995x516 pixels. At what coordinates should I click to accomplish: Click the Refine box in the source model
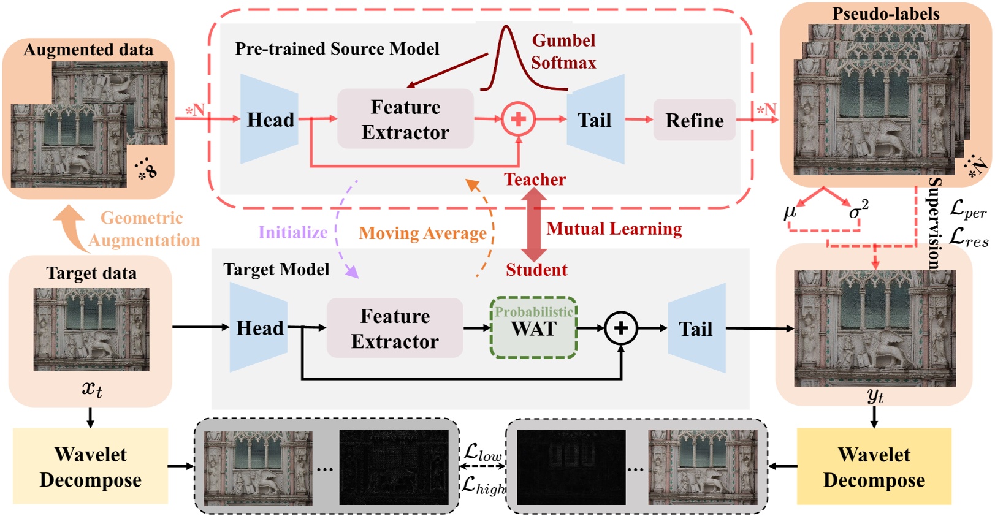pyautogui.click(x=694, y=120)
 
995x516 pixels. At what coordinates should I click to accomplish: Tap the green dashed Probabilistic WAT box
pyautogui.click(x=533, y=328)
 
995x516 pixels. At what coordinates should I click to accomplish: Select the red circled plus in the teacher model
pyautogui.click(x=518, y=119)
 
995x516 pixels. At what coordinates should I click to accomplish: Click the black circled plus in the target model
pyautogui.click(x=621, y=328)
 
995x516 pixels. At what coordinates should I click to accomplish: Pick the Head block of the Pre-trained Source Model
pyautogui.click(x=269, y=120)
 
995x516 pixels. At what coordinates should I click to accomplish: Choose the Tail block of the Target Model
pyautogui.click(x=696, y=328)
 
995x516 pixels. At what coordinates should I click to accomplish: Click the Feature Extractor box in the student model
pyautogui.click(x=395, y=328)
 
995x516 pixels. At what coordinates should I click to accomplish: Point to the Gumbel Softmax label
pyautogui.click(x=563, y=51)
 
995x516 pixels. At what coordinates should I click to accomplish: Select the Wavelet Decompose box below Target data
pyautogui.click(x=91, y=466)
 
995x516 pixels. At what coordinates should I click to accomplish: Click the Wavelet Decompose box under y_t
pyautogui.click(x=874, y=466)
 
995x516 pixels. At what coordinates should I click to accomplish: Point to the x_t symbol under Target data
pyautogui.click(x=92, y=389)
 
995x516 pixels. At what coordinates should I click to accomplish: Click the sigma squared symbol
pyautogui.click(x=858, y=210)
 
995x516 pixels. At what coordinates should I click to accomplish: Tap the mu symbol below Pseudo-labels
pyautogui.click(x=790, y=212)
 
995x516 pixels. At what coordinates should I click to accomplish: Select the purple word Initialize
pyautogui.click(x=292, y=232)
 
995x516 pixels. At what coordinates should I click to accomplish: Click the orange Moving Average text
pyautogui.click(x=422, y=233)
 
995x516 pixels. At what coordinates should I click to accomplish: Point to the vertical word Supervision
pyautogui.click(x=933, y=223)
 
